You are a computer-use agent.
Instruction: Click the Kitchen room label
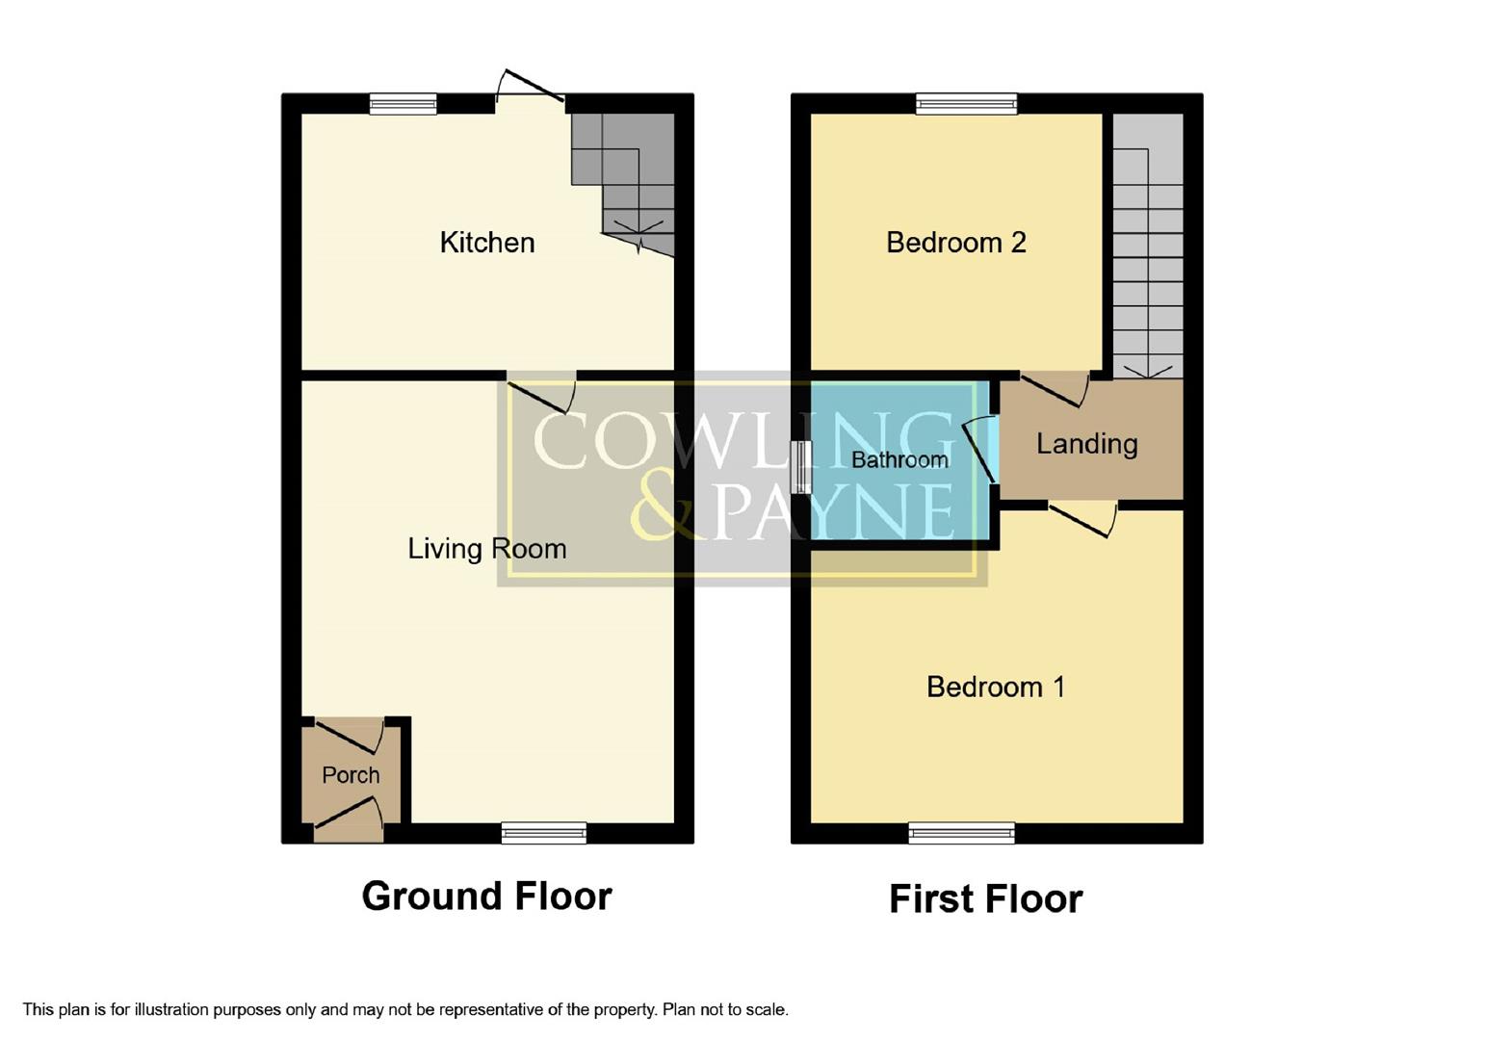(x=486, y=243)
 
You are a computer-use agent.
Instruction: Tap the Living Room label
(x=486, y=549)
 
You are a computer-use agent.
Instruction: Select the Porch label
(x=351, y=775)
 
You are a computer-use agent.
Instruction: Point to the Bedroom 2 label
(x=955, y=243)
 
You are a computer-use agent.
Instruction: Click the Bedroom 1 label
(x=995, y=688)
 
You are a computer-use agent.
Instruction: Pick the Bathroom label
(x=899, y=460)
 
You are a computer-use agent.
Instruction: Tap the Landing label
(x=1086, y=444)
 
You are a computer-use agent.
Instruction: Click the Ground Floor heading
(x=486, y=897)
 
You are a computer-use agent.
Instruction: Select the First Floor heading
(x=985, y=899)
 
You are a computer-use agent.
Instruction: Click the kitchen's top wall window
(x=403, y=104)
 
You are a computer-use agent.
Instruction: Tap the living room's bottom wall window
(x=544, y=833)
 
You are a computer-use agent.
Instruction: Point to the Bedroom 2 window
(x=966, y=104)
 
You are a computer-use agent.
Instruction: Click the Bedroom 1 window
(x=961, y=833)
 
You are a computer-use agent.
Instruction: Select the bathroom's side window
(x=800, y=467)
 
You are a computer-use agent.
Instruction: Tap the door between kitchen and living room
(x=541, y=390)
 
